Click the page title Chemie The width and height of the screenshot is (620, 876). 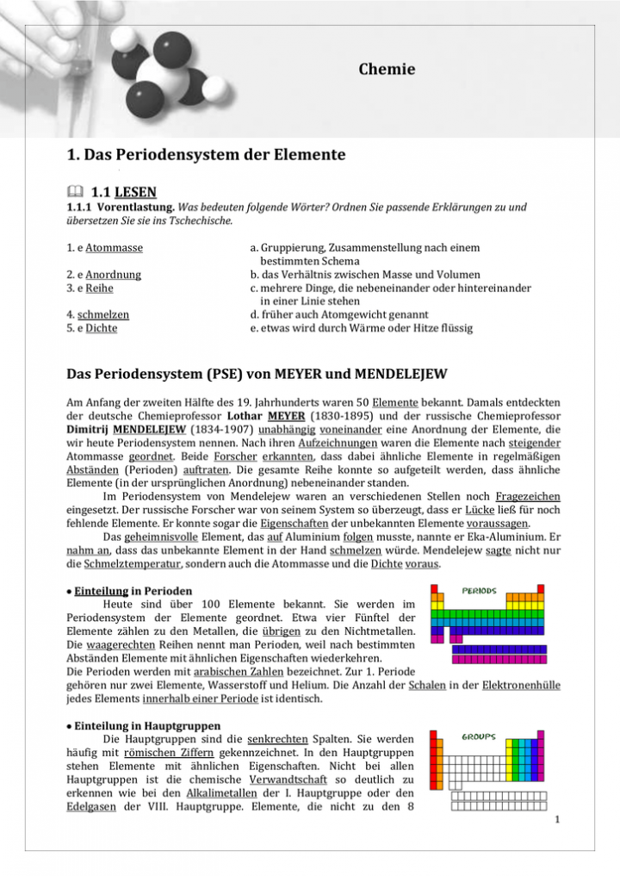click(387, 70)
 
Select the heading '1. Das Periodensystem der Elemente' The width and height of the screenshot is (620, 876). click(206, 155)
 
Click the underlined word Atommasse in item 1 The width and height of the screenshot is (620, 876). click(114, 248)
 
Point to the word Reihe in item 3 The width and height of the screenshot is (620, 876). click(99, 289)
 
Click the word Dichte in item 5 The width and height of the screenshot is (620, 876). click(102, 328)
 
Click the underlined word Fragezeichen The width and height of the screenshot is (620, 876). click(528, 496)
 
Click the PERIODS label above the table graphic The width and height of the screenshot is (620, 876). click(479, 592)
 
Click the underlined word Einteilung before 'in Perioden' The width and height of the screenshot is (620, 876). click(101, 592)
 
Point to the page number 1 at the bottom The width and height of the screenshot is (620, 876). click(557, 819)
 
